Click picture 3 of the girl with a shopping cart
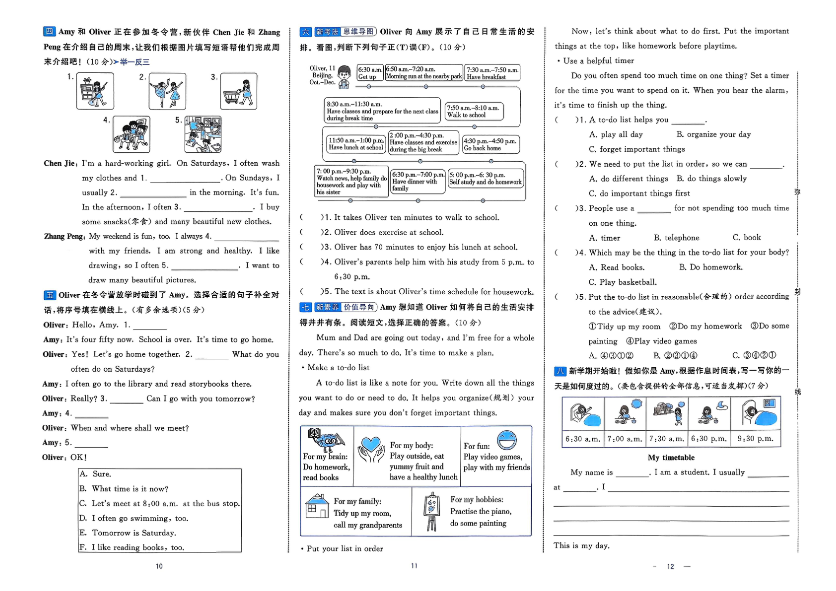point(239,91)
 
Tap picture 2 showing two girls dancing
point(167,91)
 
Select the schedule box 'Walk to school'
point(474,112)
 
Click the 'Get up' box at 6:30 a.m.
point(370,73)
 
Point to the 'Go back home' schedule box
point(490,144)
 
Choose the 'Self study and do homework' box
point(486,179)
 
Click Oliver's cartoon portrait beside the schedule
point(344,77)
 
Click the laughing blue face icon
point(506,440)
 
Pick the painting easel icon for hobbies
point(431,511)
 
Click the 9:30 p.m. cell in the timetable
point(755,439)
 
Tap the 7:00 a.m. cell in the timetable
point(625,439)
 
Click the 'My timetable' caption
point(671,458)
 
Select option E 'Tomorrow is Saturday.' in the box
point(134,533)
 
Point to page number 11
point(414,566)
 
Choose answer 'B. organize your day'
point(713,134)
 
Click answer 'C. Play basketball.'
point(623,282)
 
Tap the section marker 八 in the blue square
point(560,371)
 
